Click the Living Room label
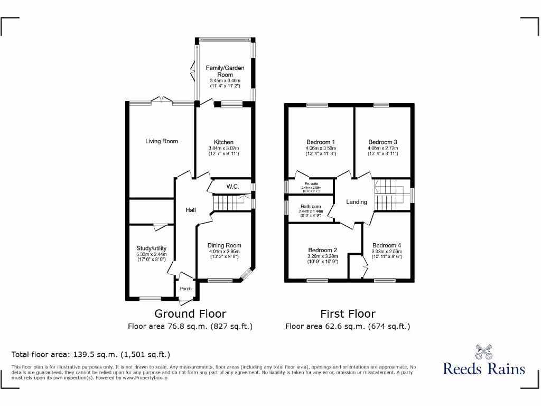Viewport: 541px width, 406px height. [162, 141]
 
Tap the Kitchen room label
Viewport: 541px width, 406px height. [224, 142]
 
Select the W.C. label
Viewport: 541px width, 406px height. [233, 187]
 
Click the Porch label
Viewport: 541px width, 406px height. [185, 289]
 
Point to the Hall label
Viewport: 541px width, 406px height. [190, 210]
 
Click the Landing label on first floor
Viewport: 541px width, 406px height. [357, 202]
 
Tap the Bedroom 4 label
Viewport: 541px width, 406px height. [386, 245]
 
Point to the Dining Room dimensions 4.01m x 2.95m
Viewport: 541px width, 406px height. [224, 252]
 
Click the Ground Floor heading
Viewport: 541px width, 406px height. [190, 313]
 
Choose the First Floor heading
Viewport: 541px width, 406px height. [348, 313]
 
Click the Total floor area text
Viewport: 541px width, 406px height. [91, 354]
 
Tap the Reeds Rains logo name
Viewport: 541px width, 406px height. [483, 368]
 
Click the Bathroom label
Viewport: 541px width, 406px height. [311, 207]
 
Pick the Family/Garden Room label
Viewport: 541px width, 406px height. [225, 71]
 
